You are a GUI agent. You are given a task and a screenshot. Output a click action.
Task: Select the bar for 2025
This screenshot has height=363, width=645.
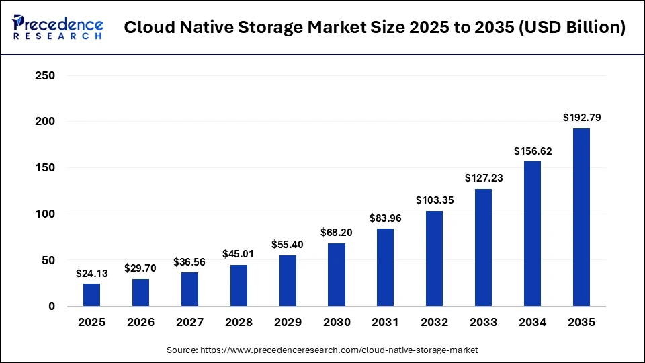click(x=91, y=295)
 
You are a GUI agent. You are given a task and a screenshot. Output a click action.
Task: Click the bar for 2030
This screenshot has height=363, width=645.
click(x=337, y=275)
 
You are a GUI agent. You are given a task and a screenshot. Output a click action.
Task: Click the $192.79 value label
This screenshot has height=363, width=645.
click(x=581, y=118)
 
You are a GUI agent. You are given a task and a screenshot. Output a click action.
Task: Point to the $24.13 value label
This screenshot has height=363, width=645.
click(x=91, y=274)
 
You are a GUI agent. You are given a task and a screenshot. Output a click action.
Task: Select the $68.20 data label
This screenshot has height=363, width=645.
click(x=337, y=233)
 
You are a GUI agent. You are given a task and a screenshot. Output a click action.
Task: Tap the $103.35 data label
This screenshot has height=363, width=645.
click(x=435, y=200)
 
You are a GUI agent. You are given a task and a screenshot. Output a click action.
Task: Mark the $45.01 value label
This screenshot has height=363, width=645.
click(x=239, y=254)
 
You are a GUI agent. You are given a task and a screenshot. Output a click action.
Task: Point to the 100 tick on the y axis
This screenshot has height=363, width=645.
click(x=44, y=214)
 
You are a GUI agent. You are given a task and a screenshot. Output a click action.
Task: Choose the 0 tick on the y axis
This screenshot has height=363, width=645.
click(x=51, y=307)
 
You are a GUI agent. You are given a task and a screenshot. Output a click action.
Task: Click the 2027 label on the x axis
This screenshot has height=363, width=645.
click(x=189, y=323)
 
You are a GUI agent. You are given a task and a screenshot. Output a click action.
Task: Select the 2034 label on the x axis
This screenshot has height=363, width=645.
click(x=532, y=323)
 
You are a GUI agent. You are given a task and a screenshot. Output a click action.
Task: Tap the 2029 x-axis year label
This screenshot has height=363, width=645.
click(x=288, y=323)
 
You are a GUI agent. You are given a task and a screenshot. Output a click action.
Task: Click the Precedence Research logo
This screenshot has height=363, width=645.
click(x=58, y=28)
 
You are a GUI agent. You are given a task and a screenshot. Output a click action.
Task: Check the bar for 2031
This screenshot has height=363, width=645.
click(x=386, y=268)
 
